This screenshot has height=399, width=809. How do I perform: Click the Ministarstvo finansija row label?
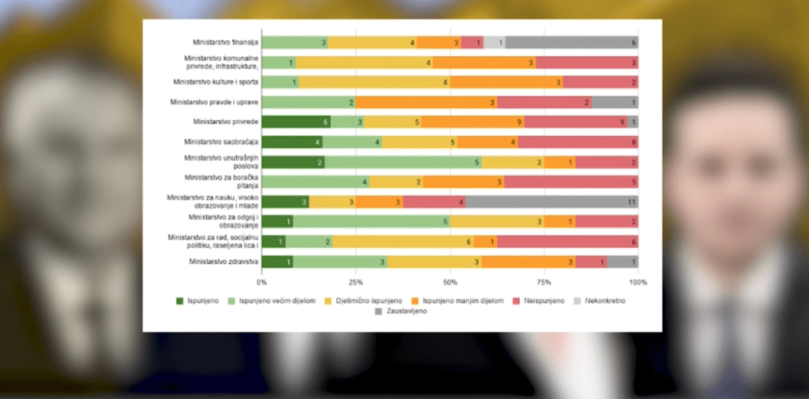coord(225,42)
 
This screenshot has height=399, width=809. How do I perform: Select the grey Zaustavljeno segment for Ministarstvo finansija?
coord(572,43)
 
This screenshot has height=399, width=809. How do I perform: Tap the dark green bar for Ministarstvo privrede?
coord(296,122)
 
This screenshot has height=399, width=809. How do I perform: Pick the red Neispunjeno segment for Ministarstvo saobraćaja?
coord(578,142)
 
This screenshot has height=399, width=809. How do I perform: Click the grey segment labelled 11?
coord(552,201)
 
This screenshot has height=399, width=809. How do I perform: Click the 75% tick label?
coord(544,282)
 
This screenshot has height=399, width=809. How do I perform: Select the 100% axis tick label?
coord(638,282)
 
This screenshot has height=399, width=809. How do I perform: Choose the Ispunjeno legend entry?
coord(198,301)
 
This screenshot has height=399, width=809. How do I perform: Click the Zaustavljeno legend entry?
coord(401,311)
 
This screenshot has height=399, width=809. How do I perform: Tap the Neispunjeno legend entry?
coord(539,301)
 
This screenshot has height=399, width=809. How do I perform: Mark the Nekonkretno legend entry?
coord(600,301)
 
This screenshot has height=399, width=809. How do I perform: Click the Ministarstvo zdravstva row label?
coord(224,262)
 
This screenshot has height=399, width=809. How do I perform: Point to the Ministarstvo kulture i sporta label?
coord(216,82)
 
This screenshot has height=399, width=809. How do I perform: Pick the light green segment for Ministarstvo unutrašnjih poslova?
coord(403,162)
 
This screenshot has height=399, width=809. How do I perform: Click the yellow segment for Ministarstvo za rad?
coord(403,242)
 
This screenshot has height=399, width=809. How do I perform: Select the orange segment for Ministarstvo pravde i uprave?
coord(426,102)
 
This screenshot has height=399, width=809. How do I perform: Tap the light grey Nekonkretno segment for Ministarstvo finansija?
coord(495,43)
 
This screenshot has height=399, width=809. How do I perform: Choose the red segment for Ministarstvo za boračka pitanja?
coord(571,182)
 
